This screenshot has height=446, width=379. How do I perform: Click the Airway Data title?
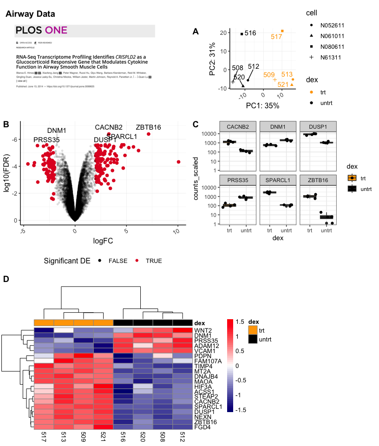click(30, 14)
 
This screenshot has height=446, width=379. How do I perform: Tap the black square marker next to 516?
click(242, 34)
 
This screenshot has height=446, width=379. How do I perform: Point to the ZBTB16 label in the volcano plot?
click(148, 128)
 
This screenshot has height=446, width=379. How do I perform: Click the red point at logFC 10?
click(179, 162)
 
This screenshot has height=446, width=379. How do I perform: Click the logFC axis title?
click(103, 241)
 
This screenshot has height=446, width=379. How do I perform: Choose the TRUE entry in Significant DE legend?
click(154, 261)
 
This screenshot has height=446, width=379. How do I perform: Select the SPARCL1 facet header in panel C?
click(276, 180)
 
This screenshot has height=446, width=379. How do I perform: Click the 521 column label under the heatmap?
click(103, 439)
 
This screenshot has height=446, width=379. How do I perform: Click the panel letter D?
click(6, 279)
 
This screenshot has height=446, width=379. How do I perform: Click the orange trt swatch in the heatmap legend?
click(253, 330)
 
